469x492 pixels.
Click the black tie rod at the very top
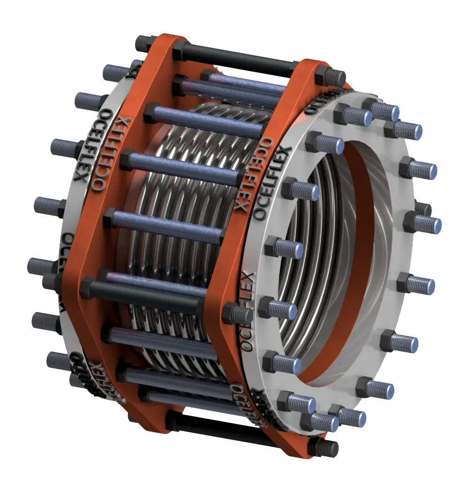pyautogui.click(x=244, y=59)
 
